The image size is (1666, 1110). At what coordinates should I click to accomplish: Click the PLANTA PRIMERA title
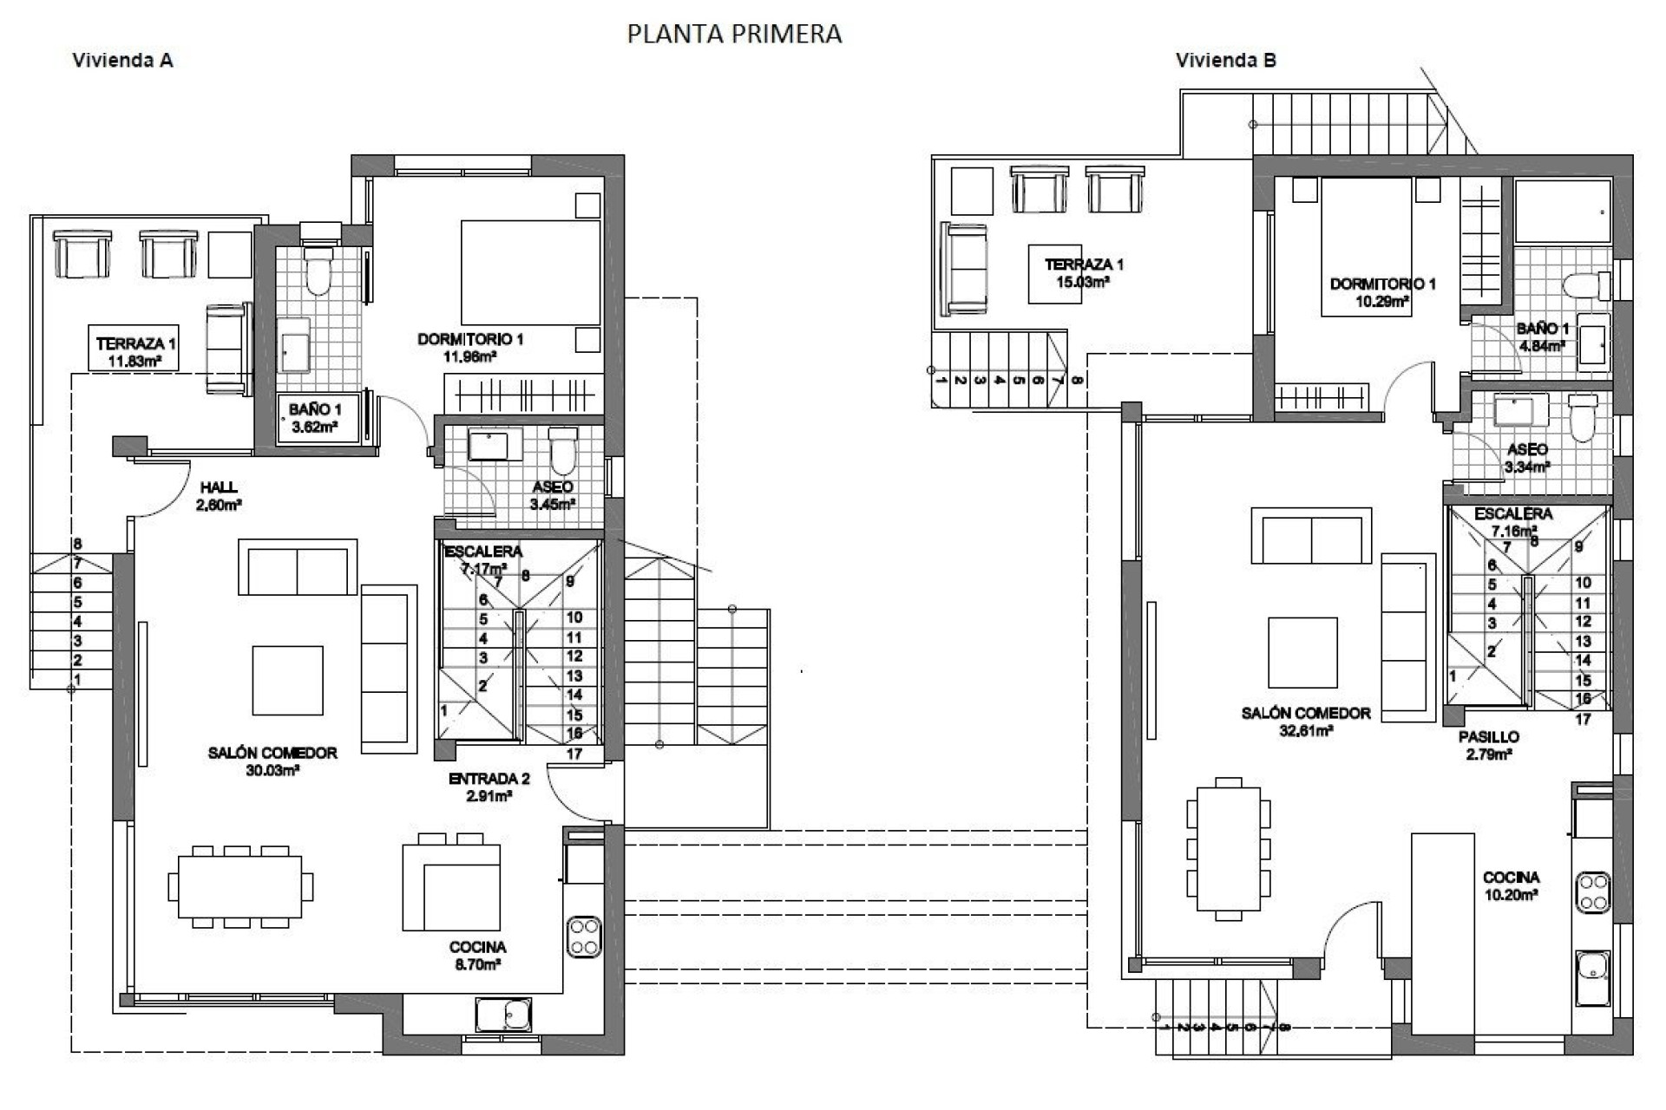[x=734, y=34]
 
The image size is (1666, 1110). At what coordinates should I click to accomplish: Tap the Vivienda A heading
[x=122, y=61]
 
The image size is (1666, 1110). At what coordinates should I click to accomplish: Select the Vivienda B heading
[x=1225, y=61]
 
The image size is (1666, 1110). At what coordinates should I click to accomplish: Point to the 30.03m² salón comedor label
[x=272, y=761]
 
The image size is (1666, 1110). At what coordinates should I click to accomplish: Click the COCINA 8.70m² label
[x=477, y=955]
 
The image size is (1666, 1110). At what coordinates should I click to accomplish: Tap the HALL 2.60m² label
[x=218, y=495]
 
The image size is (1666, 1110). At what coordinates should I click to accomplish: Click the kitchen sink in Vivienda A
[x=503, y=1014]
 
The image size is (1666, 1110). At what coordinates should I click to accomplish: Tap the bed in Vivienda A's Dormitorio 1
[x=530, y=271]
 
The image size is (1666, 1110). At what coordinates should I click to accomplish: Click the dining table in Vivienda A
[x=240, y=886]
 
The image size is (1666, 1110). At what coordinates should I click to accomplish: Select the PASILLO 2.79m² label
[x=1488, y=745]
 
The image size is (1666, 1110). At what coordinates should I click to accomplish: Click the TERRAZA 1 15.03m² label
[x=1084, y=272]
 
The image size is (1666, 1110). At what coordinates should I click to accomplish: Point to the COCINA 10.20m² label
[x=1511, y=885]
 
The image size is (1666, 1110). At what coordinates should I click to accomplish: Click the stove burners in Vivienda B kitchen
[x=1594, y=892]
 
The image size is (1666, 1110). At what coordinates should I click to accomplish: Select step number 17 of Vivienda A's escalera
[x=574, y=754]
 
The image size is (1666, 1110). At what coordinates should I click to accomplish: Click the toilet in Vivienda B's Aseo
[x=1583, y=418]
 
